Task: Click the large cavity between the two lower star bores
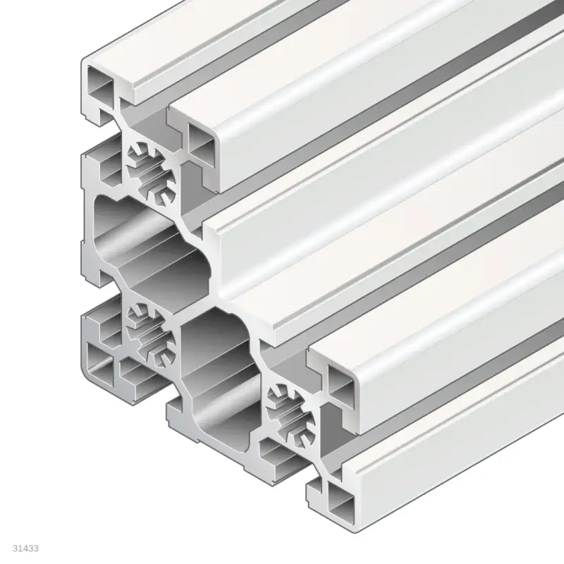tap(215, 374)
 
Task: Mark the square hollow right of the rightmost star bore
tap(341, 386)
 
